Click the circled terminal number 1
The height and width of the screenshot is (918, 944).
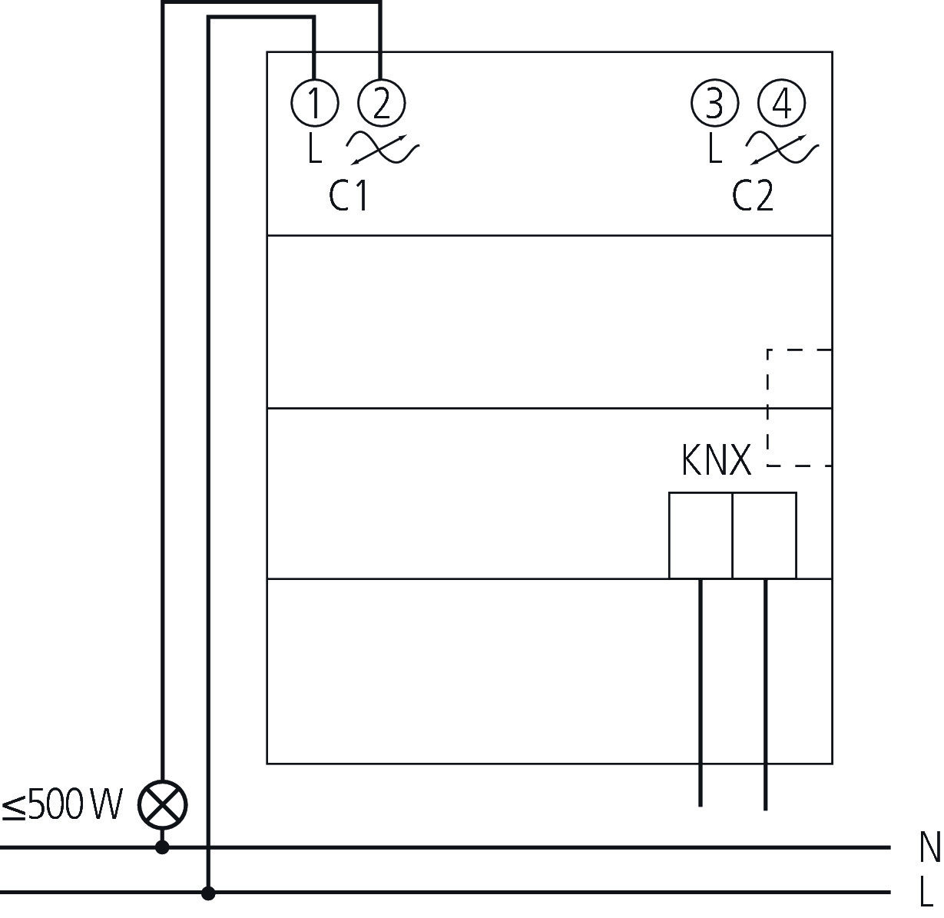coord(314,103)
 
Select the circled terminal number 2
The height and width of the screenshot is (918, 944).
coord(381,103)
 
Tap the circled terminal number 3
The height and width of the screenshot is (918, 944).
coord(714,104)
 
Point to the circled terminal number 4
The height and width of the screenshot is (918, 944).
coord(781,104)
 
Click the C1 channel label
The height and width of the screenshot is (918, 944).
coord(348,196)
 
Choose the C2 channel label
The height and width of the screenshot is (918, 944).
coord(752,196)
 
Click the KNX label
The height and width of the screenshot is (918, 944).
coord(716,461)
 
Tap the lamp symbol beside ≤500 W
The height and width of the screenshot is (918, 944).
coord(162,805)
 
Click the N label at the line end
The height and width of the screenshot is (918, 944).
coord(929,848)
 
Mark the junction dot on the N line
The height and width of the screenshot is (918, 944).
coord(162,847)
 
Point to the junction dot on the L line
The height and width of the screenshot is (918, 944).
coord(207,893)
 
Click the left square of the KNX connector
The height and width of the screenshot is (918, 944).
coord(701,535)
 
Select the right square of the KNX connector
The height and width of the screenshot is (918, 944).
coord(764,535)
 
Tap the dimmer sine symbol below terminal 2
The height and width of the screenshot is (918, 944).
coord(381,147)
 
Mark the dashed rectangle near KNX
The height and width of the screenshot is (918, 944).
coord(800,407)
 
